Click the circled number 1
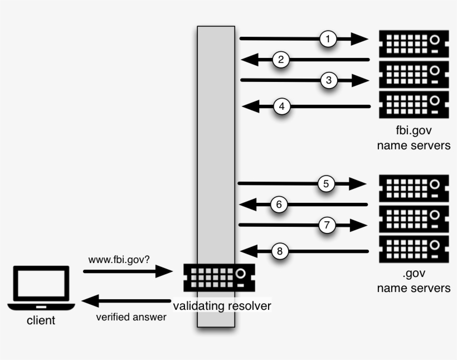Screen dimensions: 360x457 click(329, 39)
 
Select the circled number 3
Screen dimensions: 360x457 click(329, 80)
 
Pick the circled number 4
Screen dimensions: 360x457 click(282, 106)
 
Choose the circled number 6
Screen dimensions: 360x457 click(280, 205)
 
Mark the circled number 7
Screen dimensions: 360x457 click(327, 225)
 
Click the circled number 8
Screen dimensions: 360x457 click(280, 251)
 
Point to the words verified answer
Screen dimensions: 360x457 click(131, 317)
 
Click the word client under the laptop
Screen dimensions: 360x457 click(41, 320)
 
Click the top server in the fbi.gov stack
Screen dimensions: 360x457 click(414, 42)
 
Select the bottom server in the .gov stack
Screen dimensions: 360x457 click(414, 248)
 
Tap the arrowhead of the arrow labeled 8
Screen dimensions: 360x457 click(249, 251)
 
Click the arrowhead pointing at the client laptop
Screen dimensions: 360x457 click(91, 301)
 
